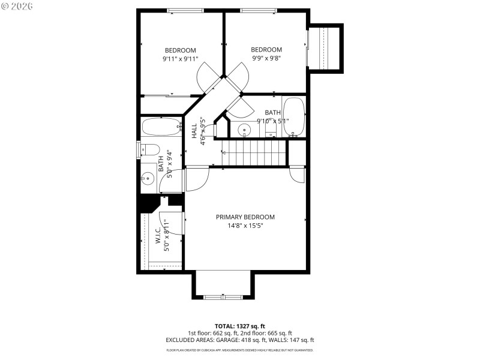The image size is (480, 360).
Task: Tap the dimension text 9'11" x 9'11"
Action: pos(180,59)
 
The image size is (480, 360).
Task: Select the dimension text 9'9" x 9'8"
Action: pos(266,58)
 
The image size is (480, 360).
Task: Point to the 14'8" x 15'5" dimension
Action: pos(245,226)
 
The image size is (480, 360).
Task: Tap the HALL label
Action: pos(194,131)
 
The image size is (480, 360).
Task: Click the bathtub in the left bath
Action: pos(161,127)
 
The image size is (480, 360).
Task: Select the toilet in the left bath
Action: pos(149,149)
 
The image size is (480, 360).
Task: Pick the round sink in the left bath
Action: pos(148,178)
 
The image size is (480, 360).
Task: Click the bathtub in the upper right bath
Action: pos(293,116)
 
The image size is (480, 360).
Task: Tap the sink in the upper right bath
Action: pos(244,129)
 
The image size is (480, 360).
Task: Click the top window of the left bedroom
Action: pos(185,10)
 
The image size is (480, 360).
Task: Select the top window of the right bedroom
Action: pos(258,10)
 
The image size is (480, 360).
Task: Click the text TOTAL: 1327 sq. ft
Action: pos(240,326)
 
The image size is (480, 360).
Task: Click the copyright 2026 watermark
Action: pos(18,7)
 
